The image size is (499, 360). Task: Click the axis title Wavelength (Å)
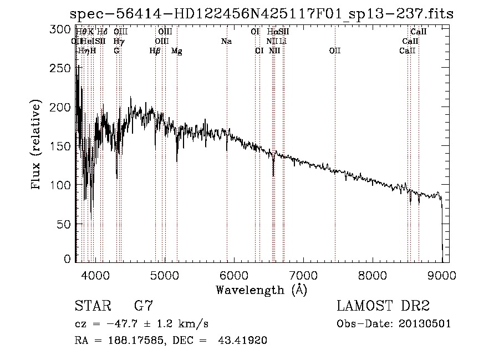click(261, 290)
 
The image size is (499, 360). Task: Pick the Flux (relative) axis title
click(37, 145)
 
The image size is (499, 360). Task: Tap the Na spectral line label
click(226, 41)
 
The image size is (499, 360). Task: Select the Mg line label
click(177, 51)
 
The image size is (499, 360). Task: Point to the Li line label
click(283, 41)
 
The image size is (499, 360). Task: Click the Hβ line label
click(155, 51)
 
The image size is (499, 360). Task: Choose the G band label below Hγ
click(116, 50)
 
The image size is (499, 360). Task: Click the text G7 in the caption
click(144, 306)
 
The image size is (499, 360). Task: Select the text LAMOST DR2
click(383, 306)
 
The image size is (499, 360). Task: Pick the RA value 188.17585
click(131, 341)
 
